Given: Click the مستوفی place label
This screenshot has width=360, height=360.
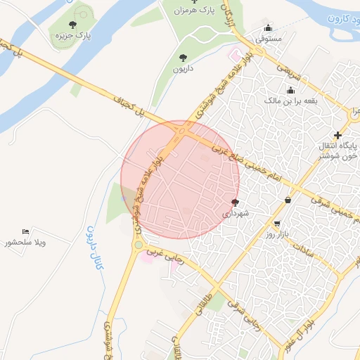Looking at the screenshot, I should click(269, 39).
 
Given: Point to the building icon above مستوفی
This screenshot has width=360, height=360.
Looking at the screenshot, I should click(268, 28).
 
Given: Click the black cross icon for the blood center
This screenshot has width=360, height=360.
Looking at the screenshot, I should click(338, 134).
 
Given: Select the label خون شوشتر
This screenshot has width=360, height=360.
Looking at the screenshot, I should click(343, 156).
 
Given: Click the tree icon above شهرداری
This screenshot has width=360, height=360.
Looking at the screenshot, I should click(235, 201).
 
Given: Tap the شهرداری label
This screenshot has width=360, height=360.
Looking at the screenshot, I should click(236, 212).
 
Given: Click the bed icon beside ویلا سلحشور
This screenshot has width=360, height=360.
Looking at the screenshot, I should click(26, 231).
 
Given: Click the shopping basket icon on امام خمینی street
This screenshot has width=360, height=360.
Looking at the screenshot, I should click(288, 200).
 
